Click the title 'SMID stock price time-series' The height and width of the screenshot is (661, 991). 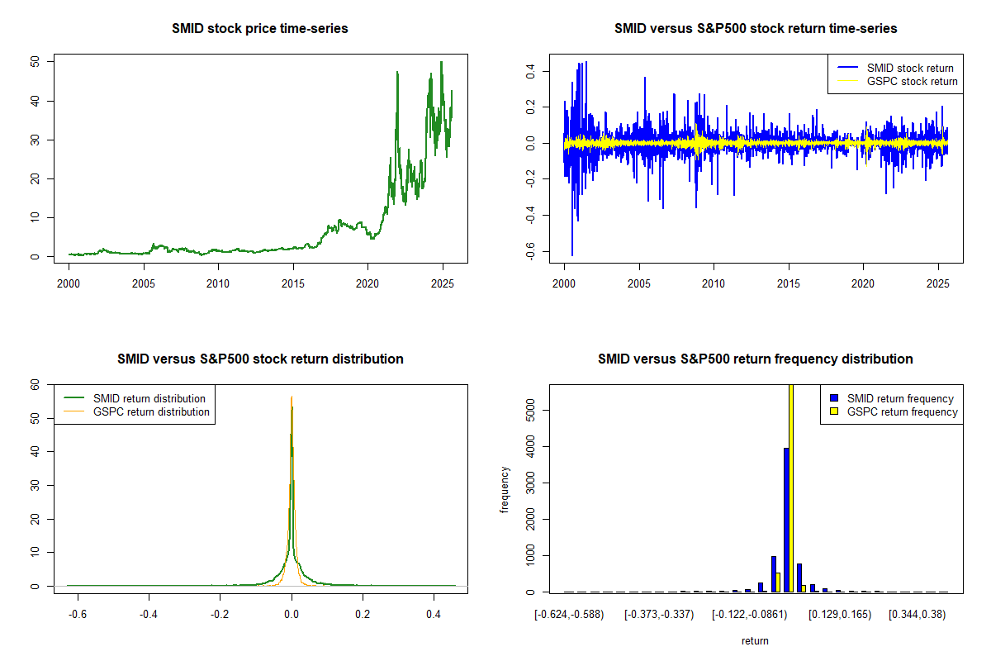pos(260,29)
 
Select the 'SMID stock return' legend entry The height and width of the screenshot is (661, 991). pos(909,68)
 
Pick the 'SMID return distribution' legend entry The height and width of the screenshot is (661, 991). pos(149,398)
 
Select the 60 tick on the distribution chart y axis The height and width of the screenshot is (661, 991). pos(35,385)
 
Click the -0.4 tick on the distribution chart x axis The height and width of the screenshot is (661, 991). pos(149,614)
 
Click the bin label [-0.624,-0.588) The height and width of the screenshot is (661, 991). pos(570,614)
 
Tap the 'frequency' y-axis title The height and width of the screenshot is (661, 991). pos(505,489)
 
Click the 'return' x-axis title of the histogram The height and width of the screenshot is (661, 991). pos(755,640)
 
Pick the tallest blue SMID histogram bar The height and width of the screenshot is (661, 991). pos(786,520)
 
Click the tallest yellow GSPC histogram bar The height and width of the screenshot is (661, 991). pos(792,487)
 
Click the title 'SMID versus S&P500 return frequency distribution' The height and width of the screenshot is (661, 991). pos(756,359)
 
